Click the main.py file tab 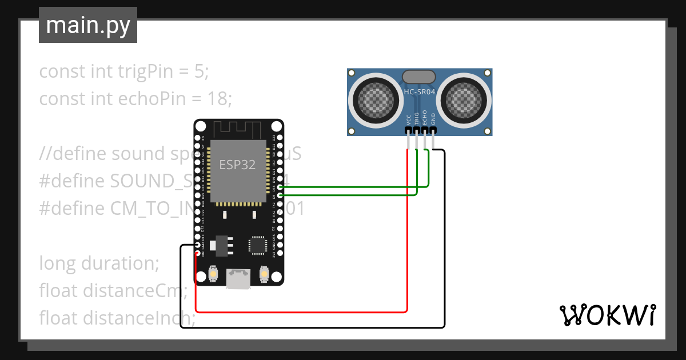88,25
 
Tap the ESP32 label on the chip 237,165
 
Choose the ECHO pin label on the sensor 425,118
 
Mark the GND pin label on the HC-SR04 433,118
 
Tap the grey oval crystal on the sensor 420,77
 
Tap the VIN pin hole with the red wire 197,253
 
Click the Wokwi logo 607,315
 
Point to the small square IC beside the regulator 257,245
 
